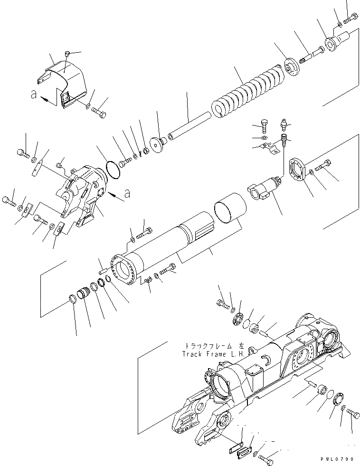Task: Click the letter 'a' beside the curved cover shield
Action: click(33, 95)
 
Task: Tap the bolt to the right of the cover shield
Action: click(100, 112)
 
